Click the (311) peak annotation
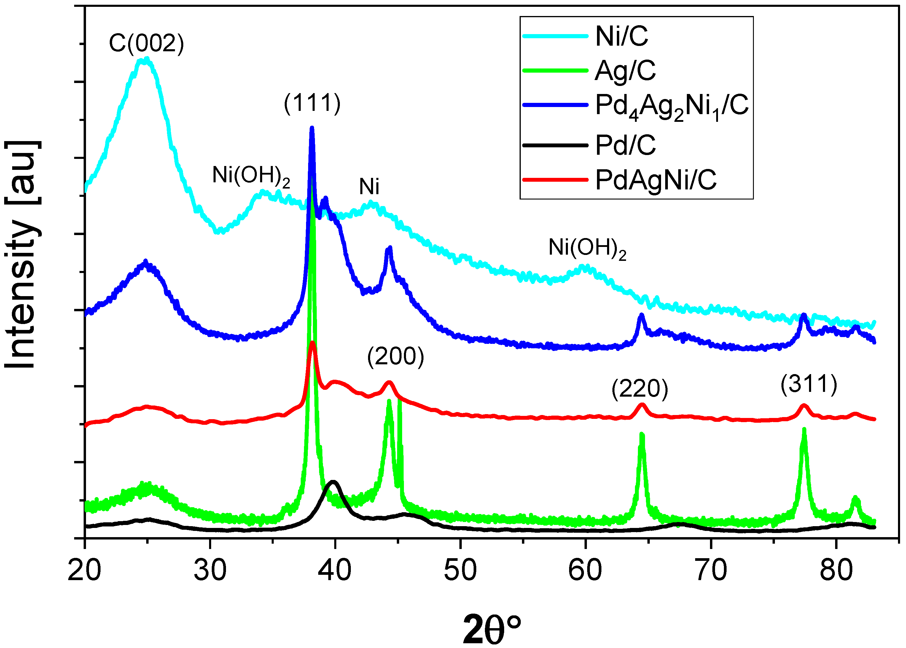(x=809, y=385)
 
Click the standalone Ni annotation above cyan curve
(x=369, y=187)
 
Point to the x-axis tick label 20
(x=85, y=571)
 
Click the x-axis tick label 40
(x=335, y=571)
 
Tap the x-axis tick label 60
(x=585, y=571)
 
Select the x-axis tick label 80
(x=836, y=571)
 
